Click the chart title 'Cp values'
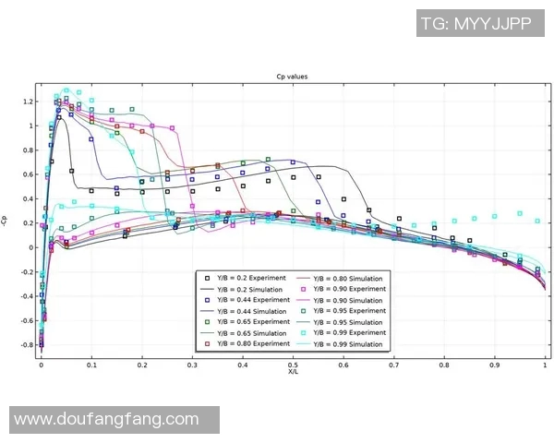point(292,77)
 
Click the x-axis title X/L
point(293,372)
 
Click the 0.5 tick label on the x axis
point(293,365)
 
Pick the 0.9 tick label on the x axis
point(495,365)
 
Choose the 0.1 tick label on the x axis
point(91,365)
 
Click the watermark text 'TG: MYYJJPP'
point(476,23)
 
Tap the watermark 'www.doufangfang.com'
point(106,419)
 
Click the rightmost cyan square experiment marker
point(537,221)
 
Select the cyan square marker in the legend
point(304,333)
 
